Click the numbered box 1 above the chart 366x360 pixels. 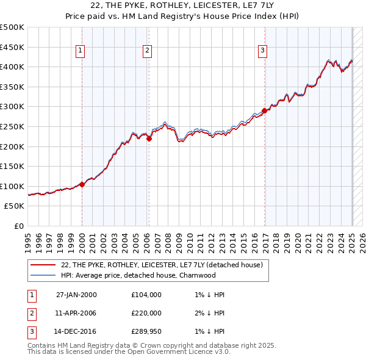(81, 51)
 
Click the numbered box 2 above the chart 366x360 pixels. (148, 51)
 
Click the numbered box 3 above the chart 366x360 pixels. (262, 51)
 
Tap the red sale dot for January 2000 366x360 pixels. (82, 184)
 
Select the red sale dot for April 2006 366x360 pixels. (149, 139)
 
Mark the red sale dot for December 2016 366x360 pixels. (265, 110)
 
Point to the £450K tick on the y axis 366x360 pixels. (12, 47)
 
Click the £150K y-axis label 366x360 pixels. (12, 166)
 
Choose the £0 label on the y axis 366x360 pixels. (19, 226)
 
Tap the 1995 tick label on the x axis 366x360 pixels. (28, 238)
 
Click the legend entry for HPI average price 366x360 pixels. (138, 275)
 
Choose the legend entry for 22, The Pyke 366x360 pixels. (162, 265)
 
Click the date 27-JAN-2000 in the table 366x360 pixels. (76, 295)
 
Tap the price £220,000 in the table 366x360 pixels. (146, 313)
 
